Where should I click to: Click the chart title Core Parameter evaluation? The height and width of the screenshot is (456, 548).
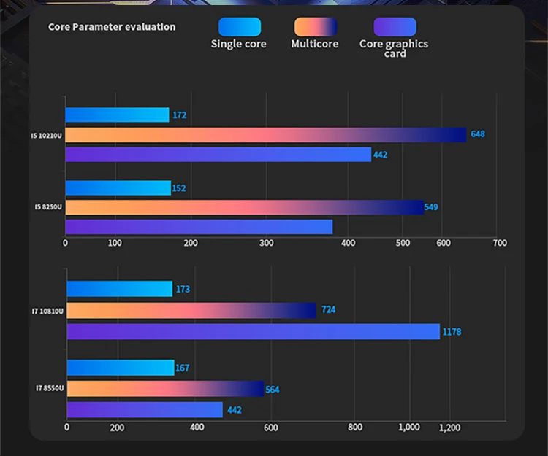point(112,27)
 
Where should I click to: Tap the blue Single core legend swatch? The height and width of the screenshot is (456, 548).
point(239,27)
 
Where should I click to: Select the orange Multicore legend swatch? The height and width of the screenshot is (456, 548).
point(315,27)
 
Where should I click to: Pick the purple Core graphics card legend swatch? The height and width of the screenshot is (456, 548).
point(395,27)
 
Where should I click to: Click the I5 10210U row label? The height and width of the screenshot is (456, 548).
point(46,136)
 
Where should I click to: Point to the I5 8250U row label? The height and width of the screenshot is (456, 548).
point(47,207)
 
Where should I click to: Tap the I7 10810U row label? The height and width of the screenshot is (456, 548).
point(47,312)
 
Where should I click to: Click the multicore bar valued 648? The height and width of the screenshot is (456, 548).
point(265,135)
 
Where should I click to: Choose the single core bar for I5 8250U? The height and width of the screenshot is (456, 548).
point(118,188)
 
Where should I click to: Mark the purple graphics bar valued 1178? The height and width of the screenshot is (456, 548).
point(253,332)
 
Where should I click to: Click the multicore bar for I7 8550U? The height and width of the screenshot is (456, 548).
point(164,389)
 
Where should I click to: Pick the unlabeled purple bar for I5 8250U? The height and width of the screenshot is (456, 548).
point(199,227)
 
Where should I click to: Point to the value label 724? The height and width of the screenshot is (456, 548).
point(329,310)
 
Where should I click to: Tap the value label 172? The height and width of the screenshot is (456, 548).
point(180,115)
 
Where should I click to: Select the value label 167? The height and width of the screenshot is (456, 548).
point(183,368)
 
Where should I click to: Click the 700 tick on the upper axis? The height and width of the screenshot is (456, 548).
point(499,243)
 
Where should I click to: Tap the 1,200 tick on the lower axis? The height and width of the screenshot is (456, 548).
point(450,428)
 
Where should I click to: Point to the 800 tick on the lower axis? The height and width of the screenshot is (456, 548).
point(355,428)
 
